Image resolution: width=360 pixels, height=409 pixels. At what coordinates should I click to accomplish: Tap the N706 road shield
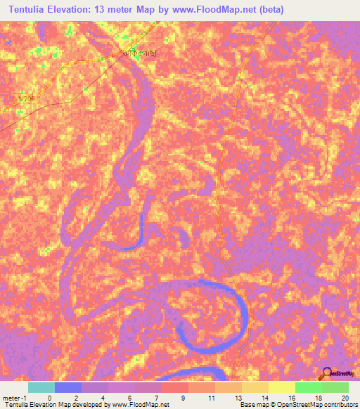tap(26, 98)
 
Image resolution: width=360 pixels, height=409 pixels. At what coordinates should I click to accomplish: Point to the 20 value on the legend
tap(345, 397)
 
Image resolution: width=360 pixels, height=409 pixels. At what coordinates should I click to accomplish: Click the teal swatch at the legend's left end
tap(41, 387)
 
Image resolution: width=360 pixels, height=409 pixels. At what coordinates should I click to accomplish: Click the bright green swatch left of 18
tap(308, 387)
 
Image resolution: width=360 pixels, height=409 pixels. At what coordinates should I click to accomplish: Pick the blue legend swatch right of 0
tap(68, 387)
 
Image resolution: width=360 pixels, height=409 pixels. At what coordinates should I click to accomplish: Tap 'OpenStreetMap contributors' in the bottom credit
tap(316, 405)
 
